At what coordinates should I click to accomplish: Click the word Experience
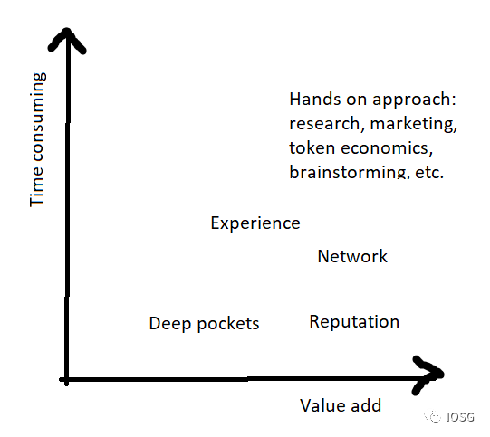tap(255, 223)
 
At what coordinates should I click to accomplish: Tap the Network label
tap(352, 256)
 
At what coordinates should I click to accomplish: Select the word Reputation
tap(354, 322)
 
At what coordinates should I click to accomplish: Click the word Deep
tap(169, 324)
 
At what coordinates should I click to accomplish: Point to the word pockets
tap(228, 323)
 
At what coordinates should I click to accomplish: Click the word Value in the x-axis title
tap(322, 405)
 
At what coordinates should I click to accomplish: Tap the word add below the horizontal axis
tap(366, 405)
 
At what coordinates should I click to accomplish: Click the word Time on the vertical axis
tap(37, 187)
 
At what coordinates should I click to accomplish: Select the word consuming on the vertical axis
tap(39, 117)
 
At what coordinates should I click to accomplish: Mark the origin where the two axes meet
tap(66, 380)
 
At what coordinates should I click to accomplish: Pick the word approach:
tap(414, 100)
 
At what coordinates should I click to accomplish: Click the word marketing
tap(413, 124)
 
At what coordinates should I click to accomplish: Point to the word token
tap(312, 148)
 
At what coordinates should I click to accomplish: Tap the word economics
tap(387, 148)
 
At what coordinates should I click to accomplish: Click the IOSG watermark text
tap(460, 417)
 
